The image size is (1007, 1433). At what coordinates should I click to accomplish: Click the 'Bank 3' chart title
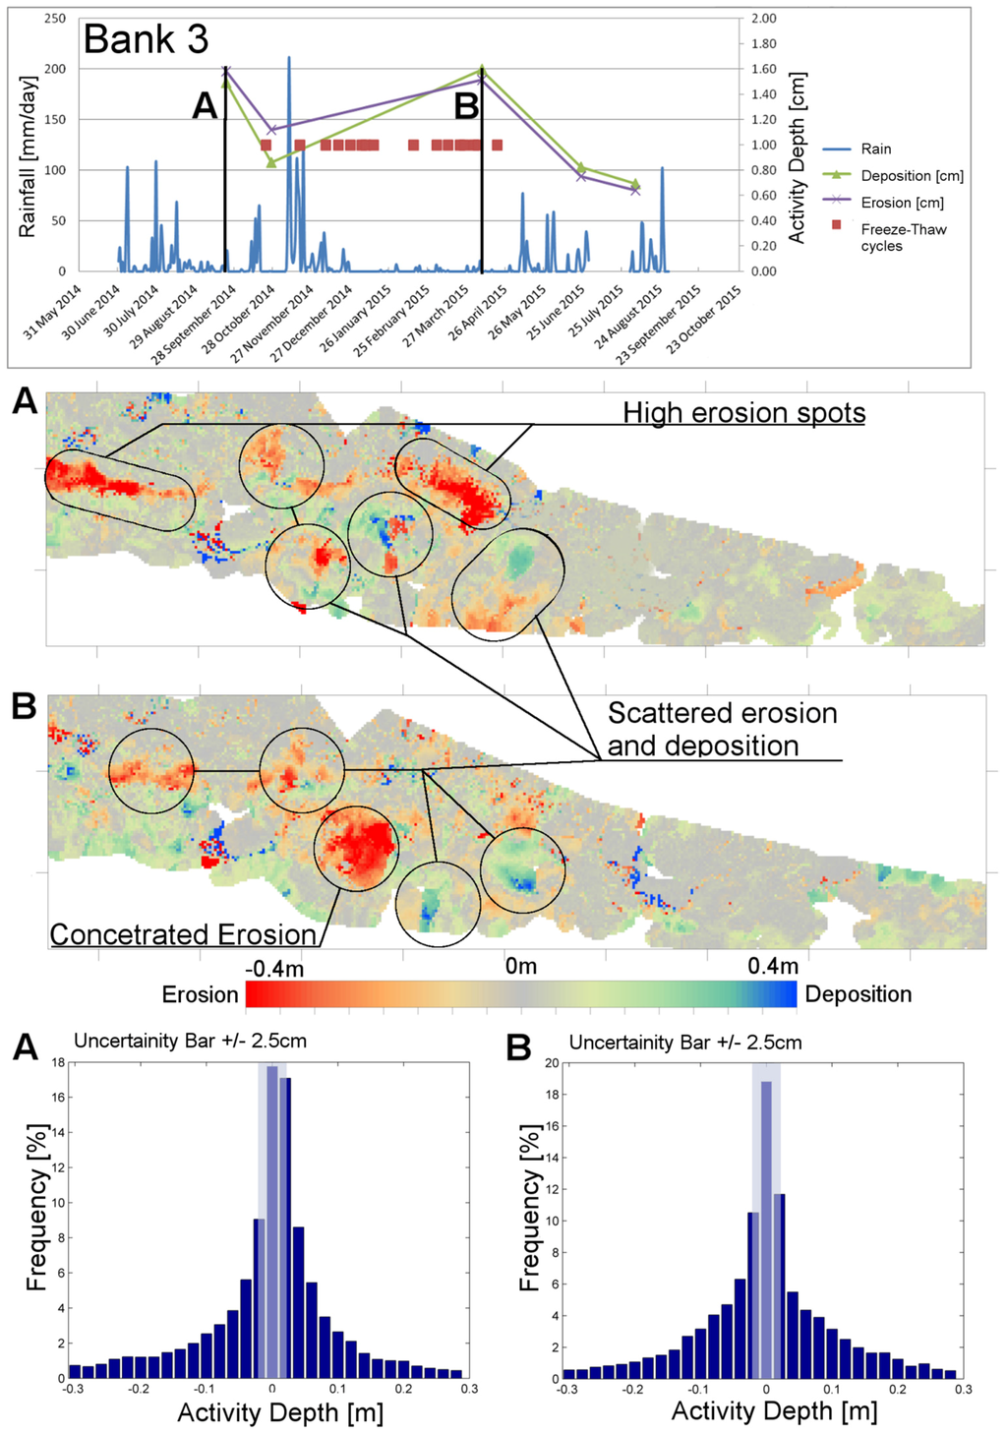146,39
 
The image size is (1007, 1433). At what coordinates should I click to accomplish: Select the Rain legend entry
875,149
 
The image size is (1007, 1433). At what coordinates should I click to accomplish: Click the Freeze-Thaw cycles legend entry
903,237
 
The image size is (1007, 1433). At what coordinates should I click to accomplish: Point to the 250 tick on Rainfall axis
55,18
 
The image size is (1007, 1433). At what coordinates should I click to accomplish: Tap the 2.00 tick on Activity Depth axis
764,18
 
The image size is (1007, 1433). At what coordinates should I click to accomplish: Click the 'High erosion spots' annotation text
743,412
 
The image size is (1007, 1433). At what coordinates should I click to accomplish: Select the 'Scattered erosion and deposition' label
722,729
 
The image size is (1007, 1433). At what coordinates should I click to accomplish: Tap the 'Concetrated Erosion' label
183,933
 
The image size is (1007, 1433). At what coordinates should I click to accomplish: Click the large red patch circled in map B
358,846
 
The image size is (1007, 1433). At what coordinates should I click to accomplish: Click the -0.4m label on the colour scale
274,968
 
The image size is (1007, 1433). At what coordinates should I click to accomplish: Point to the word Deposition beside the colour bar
858,994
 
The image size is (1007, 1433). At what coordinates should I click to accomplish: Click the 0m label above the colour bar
520,966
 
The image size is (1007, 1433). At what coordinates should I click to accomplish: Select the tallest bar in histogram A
271,1220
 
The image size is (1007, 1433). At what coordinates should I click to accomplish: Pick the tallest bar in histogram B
766,1229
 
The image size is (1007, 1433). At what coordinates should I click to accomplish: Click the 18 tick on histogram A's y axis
58,1062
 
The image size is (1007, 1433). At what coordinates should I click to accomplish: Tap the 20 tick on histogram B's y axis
552,1062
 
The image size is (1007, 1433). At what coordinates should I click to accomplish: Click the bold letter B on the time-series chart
466,105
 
